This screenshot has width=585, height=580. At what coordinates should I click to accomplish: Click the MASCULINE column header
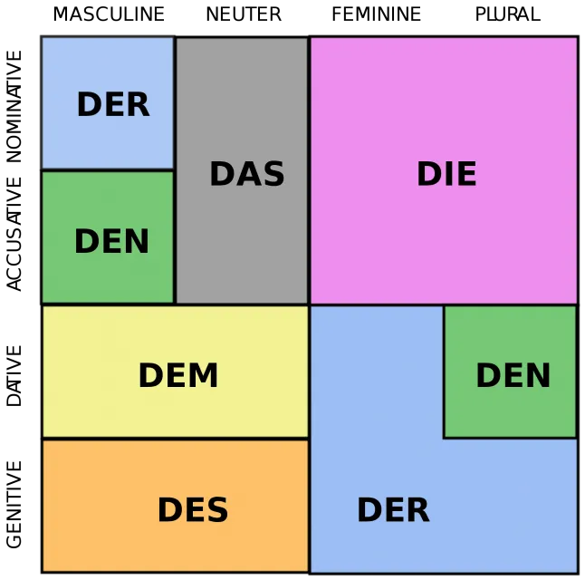(109, 14)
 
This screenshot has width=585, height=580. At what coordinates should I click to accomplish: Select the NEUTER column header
(244, 14)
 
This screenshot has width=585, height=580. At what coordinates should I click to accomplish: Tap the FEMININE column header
(377, 14)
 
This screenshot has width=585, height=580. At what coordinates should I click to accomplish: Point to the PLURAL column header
(508, 14)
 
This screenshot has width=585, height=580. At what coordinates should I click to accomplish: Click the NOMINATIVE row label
(14, 106)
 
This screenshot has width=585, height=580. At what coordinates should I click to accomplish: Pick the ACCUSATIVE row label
(14, 234)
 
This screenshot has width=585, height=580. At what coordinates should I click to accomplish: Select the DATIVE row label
(14, 376)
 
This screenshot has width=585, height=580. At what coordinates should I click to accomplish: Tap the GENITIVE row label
(14, 505)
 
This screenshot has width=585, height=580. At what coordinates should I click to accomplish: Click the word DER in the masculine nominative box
(113, 104)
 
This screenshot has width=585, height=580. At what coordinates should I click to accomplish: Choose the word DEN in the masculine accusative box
(111, 241)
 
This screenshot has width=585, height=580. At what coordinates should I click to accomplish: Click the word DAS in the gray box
(247, 173)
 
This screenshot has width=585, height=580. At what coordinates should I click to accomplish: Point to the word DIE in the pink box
(446, 173)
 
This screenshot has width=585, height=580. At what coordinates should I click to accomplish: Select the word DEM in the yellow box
(178, 375)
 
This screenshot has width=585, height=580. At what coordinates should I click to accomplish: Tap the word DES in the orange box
(193, 510)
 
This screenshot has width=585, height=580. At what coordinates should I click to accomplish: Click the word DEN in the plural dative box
(513, 375)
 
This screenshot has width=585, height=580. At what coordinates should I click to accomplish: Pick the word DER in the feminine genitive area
(394, 510)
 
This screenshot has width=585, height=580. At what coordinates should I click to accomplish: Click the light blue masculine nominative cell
(108, 103)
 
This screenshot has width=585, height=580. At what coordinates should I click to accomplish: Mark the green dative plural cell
(511, 372)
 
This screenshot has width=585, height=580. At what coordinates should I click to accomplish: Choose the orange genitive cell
(176, 506)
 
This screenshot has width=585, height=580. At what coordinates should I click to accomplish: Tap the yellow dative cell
(176, 372)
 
